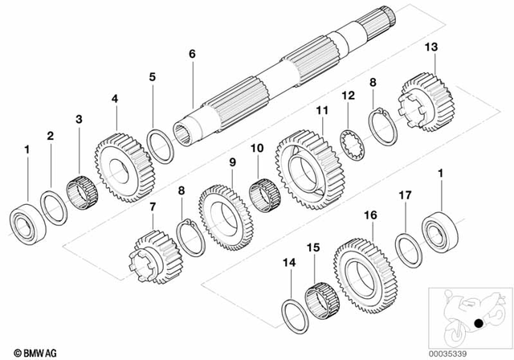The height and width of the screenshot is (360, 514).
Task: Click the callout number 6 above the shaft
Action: pos(191,54)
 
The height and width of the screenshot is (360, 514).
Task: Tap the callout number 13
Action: pos(431,49)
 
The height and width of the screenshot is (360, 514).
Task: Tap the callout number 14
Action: pos(290,262)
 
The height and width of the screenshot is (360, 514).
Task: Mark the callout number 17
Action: pos(406,194)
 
